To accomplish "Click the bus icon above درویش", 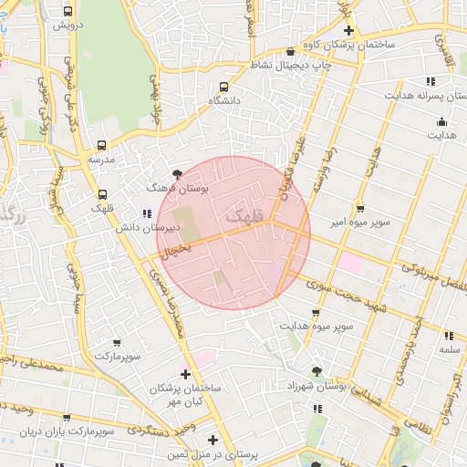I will click(68, 11).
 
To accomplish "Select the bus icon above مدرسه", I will click(100, 144).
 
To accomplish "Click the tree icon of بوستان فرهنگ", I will click(178, 173).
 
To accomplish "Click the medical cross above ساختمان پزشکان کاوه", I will click(348, 30).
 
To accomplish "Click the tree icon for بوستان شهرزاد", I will click(316, 371).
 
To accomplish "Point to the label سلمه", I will click(449, 349).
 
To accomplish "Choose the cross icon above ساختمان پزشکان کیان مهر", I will click(186, 373).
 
